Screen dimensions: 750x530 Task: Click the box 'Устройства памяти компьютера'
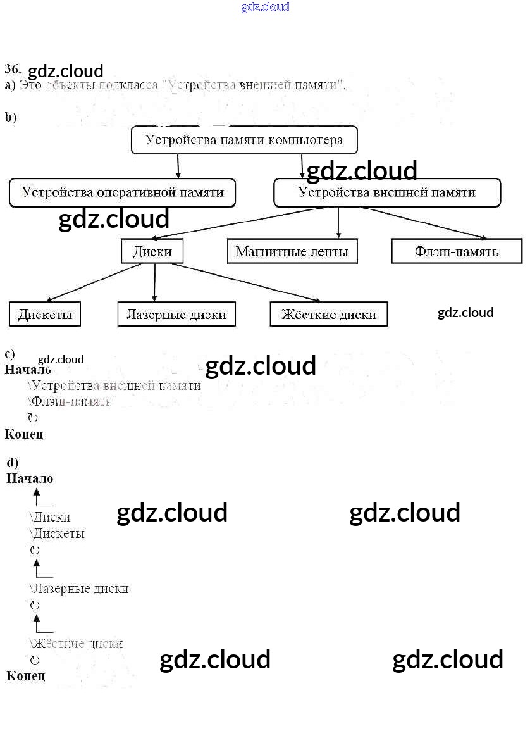pyautogui.click(x=244, y=140)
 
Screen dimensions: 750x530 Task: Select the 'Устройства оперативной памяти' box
pyautogui.click(x=122, y=192)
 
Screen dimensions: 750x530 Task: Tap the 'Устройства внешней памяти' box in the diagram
pyautogui.click(x=387, y=192)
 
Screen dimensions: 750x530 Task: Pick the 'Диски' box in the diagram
pyautogui.click(x=152, y=251)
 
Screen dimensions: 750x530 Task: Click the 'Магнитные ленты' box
pyautogui.click(x=292, y=251)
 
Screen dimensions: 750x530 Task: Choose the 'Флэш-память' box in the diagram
pyautogui.click(x=457, y=251)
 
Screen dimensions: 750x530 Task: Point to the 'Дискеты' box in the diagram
pyautogui.click(x=45, y=314)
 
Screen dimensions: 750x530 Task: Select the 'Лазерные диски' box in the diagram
pyautogui.click(x=176, y=314)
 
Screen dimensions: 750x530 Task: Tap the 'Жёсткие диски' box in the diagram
pyautogui.click(x=328, y=314)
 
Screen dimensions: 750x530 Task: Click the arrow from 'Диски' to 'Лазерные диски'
pyautogui.click(x=155, y=282)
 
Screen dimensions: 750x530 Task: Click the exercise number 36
pyautogui.click(x=13, y=68)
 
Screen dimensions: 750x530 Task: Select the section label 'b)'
pyautogui.click(x=11, y=117)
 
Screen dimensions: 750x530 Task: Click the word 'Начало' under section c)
pyautogui.click(x=28, y=370)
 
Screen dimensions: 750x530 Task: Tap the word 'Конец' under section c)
pyautogui.click(x=24, y=434)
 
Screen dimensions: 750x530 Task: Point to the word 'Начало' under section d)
pyautogui.click(x=30, y=478)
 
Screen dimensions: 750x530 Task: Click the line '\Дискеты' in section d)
pyautogui.click(x=57, y=534)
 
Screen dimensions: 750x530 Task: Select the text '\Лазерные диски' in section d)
pyautogui.click(x=79, y=589)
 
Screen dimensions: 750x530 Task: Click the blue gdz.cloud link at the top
pyautogui.click(x=265, y=8)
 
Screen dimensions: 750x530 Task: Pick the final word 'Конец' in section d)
pyautogui.click(x=26, y=676)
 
